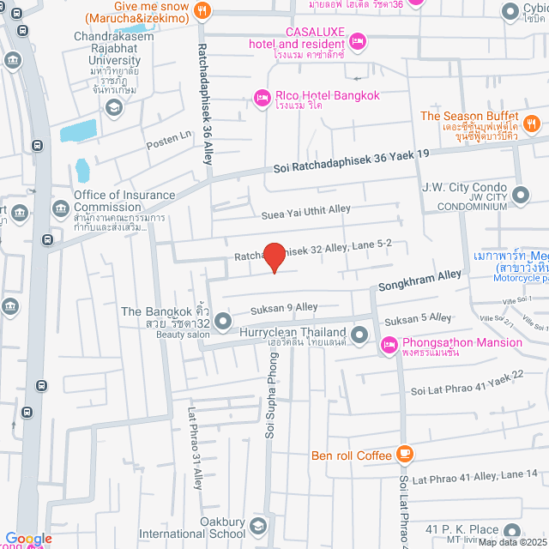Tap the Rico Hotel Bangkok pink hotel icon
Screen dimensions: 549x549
click(x=262, y=99)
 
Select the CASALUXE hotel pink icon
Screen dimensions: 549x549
click(x=359, y=41)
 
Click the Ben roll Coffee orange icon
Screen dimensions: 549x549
click(x=405, y=455)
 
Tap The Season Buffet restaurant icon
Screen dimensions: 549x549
click(x=532, y=124)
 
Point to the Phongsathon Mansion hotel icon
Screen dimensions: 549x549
click(x=389, y=344)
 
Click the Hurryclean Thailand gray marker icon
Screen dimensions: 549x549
click(x=360, y=332)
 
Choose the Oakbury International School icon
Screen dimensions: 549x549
click(x=259, y=526)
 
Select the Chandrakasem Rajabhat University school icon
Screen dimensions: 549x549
click(x=112, y=106)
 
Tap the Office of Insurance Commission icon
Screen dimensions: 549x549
click(x=61, y=208)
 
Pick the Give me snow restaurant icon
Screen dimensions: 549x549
click(x=202, y=9)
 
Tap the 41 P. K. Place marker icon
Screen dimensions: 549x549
click(x=512, y=531)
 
